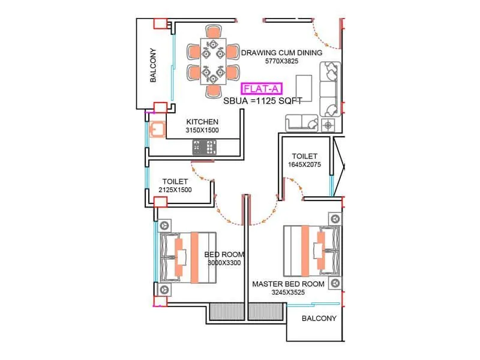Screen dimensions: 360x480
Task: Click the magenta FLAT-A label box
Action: (x=261, y=90)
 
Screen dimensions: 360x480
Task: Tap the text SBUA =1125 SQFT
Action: (x=263, y=101)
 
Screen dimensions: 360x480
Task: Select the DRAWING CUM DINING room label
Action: (x=281, y=53)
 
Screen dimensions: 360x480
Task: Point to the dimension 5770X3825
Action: (x=281, y=61)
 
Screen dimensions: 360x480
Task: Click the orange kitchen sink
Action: (x=157, y=130)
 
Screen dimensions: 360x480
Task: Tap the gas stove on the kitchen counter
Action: (x=204, y=146)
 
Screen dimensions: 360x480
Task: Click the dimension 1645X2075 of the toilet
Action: (x=305, y=164)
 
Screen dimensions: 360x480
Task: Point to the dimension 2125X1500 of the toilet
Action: (x=175, y=190)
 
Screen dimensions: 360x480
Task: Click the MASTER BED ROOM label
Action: (x=288, y=284)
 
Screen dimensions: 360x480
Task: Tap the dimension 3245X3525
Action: (x=288, y=293)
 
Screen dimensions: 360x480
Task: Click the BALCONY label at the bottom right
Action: (x=319, y=319)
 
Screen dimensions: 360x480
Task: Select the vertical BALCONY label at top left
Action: (x=154, y=65)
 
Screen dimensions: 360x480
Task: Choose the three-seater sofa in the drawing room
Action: (x=329, y=89)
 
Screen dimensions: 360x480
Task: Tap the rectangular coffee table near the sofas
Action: (x=304, y=89)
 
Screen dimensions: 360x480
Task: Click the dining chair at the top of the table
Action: (x=212, y=31)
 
